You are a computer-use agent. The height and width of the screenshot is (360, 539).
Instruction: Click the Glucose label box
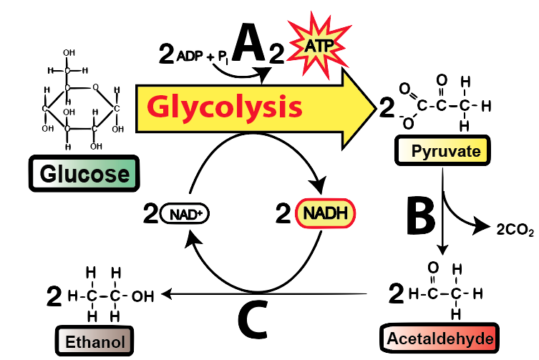click(84, 174)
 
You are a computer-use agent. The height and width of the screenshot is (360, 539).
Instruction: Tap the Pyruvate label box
click(440, 150)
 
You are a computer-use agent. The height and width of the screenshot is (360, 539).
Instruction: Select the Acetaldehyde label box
click(439, 337)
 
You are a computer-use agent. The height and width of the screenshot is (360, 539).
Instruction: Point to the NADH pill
click(324, 213)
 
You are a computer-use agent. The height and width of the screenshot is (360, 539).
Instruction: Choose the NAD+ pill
click(185, 213)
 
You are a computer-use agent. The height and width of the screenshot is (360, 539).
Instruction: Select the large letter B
click(422, 215)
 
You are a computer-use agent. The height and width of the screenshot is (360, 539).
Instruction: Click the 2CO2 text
click(515, 229)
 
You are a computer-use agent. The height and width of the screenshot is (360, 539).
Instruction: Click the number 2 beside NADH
click(283, 213)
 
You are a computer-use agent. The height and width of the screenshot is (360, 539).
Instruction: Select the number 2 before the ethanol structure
click(54, 294)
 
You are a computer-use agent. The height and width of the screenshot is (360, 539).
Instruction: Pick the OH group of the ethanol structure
click(145, 294)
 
